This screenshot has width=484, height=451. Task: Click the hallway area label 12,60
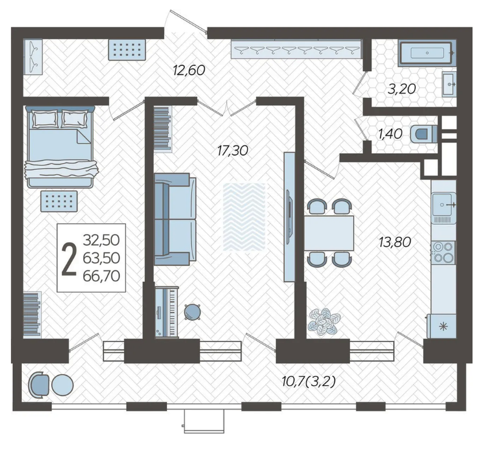coord(189,71)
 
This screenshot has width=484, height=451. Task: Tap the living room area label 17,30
coord(233,150)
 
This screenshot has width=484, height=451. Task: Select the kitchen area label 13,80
coord(395,242)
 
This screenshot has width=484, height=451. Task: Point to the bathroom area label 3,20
coord(401,89)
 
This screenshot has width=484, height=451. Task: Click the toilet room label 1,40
coord(390,134)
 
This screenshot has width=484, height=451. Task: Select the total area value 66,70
coord(101,275)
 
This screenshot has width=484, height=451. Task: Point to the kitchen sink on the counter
coord(444,204)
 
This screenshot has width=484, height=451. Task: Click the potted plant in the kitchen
coord(323,321)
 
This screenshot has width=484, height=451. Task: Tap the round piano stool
coord(192,312)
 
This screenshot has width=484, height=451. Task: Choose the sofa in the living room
coord(175,219)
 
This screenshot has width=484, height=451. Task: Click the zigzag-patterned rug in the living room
coord(244,216)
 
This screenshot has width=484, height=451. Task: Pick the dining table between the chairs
coord(329,233)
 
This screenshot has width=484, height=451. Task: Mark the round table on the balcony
coord(63,385)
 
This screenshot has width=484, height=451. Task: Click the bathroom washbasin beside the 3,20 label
coord(449,84)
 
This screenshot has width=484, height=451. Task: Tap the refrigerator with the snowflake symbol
coord(442,326)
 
